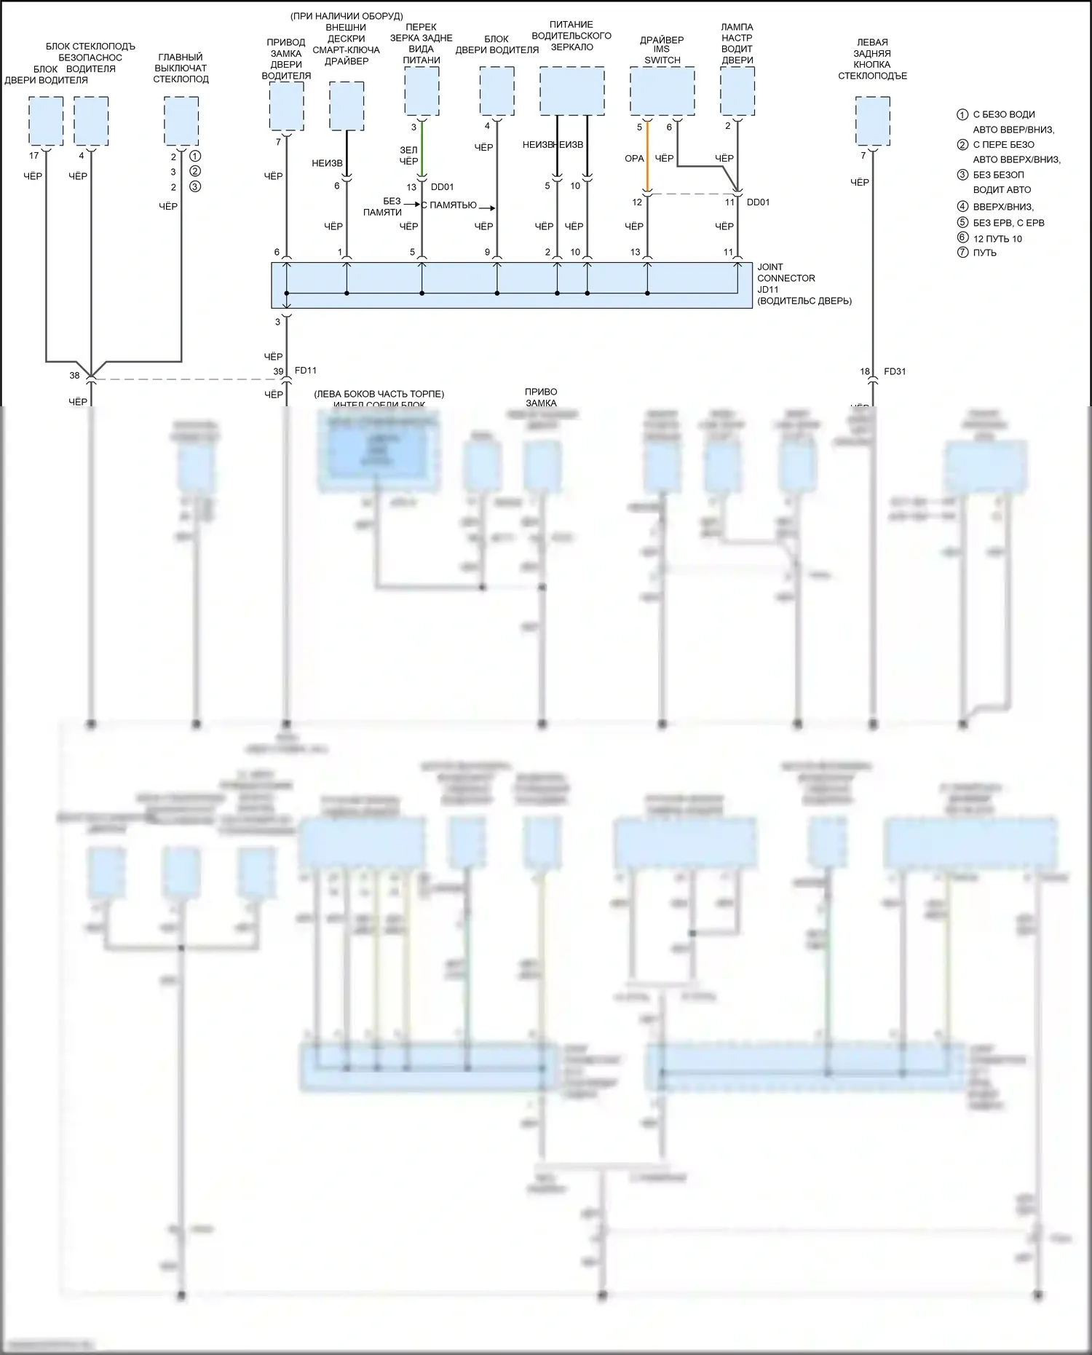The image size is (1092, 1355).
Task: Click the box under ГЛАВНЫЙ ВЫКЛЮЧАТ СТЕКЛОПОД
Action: point(181,121)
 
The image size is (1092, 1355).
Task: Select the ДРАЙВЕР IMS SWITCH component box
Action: point(662,91)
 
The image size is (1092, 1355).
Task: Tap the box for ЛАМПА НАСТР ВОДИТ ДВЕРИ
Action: point(737,91)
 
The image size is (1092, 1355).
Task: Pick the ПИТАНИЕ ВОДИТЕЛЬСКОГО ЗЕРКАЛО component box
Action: point(571,91)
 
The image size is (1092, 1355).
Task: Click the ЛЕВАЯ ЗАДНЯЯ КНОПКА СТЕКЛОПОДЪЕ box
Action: point(872,121)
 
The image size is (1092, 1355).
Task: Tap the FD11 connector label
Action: point(305,371)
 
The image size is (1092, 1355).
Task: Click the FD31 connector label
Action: point(895,371)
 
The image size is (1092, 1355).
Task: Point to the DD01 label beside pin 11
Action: point(758,202)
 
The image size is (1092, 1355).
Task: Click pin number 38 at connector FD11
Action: point(74,376)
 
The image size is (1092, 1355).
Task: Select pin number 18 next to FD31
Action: point(865,371)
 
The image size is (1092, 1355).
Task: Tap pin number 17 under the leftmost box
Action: point(34,156)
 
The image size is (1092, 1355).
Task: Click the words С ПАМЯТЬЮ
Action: point(448,205)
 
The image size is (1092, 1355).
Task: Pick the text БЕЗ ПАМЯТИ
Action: point(383,206)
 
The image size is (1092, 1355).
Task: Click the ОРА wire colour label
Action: point(634,158)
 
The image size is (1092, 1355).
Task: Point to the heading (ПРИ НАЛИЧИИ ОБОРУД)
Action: point(346,16)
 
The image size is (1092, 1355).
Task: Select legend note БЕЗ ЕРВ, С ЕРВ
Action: point(1008,223)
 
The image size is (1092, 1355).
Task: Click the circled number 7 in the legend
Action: point(962,253)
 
